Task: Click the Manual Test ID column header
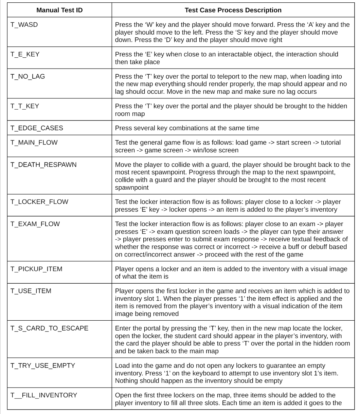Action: coord(59,10)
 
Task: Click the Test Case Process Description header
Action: coord(233,10)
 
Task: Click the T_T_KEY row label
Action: coord(25,106)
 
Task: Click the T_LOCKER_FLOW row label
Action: coord(39,202)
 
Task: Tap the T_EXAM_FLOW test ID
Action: coord(35,224)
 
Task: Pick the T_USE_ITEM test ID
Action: coord(31,291)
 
